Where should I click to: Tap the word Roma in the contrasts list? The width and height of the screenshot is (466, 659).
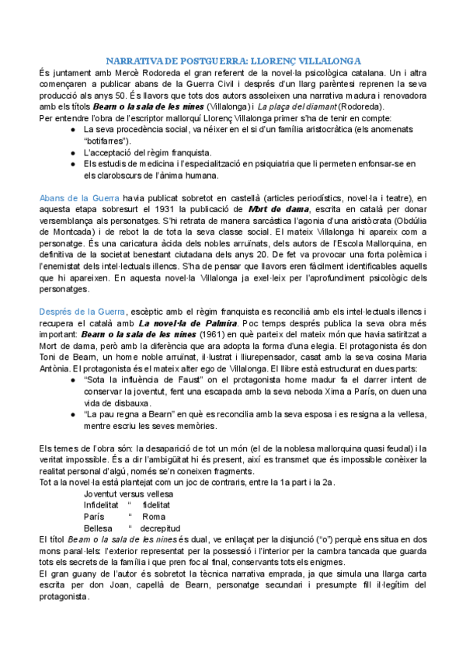tap(154, 517)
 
